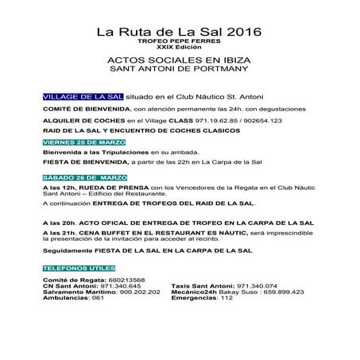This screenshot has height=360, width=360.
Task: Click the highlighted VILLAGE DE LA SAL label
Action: point(72,95)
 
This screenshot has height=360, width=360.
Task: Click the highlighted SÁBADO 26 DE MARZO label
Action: point(76,178)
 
